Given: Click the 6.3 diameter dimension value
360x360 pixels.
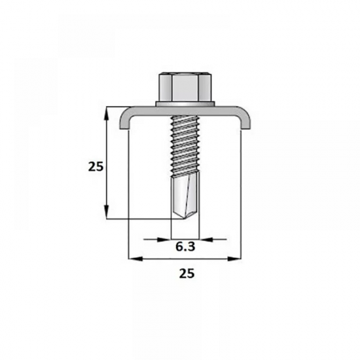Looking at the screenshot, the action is [185, 247].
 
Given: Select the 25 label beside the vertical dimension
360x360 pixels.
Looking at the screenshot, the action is [96, 166].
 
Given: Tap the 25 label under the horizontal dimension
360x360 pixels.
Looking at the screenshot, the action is [187, 274].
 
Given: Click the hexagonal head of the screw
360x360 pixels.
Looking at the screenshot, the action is [185, 87].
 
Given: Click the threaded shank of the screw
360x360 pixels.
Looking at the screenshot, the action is [185, 146].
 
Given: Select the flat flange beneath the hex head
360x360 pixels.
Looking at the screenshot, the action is [185, 104].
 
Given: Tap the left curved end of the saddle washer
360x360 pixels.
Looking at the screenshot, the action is [125, 119].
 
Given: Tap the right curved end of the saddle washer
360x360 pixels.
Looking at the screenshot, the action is [245, 119].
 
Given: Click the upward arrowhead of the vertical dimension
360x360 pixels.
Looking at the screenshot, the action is [107, 114].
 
